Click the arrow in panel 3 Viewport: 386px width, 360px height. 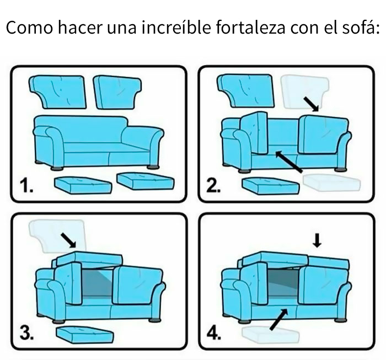(69, 239)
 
